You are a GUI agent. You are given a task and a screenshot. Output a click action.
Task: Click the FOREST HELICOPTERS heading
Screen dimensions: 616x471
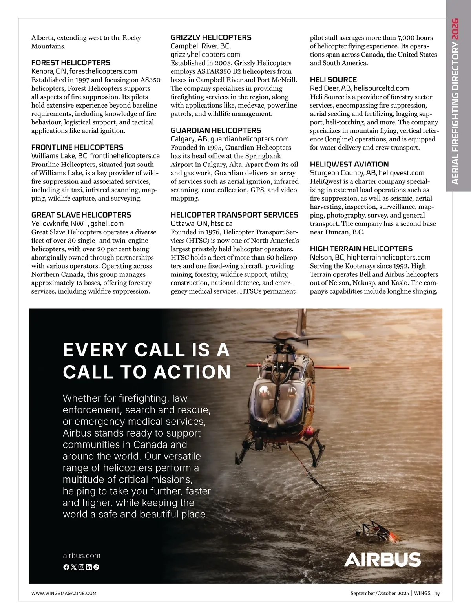(71, 63)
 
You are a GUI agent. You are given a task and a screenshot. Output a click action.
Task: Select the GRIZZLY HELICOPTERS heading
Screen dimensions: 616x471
(211, 38)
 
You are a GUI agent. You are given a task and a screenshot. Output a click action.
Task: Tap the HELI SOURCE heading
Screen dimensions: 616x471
(333, 80)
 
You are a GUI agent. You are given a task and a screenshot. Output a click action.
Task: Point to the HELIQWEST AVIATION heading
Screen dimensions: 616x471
(349, 165)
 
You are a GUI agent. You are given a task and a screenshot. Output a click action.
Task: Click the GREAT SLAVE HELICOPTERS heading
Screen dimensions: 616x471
(81, 215)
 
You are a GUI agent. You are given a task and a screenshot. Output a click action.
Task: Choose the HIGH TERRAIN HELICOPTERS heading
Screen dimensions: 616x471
(361, 249)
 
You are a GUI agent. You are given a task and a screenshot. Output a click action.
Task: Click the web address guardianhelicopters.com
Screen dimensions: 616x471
(249, 139)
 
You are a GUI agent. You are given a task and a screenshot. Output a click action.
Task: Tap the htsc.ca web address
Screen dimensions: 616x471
(221, 223)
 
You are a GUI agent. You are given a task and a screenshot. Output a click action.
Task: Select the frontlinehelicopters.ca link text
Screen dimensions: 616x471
(125, 156)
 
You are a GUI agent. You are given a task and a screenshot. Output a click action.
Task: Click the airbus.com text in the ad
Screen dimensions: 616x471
(82, 556)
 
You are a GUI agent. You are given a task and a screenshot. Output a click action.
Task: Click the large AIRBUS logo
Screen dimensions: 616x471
(382, 559)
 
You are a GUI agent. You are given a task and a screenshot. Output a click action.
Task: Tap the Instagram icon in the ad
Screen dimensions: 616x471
(81, 567)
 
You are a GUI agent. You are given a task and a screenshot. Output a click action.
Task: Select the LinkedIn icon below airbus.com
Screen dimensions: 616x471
(89, 567)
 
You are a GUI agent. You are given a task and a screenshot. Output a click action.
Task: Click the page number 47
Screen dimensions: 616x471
(437, 593)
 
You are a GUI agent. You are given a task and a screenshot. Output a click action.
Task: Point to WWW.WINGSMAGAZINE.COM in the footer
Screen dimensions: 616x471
(64, 594)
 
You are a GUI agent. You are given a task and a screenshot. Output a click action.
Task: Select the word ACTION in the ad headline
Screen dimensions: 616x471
(192, 372)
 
